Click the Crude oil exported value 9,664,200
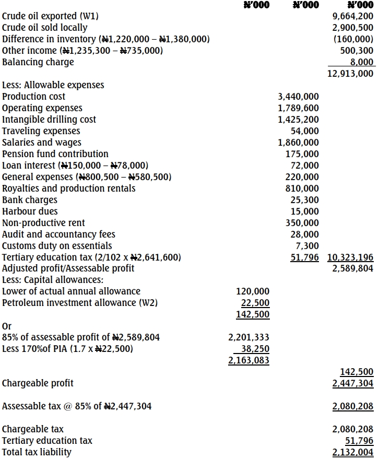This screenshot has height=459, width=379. point(352,16)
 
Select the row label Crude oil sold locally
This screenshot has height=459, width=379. point(45,28)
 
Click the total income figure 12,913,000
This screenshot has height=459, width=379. point(350,74)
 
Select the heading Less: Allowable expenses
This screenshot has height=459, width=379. point(53,85)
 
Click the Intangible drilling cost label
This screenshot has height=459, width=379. point(49,120)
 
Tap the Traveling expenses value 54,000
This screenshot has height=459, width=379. point(305,131)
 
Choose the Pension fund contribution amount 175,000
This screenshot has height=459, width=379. point(303,154)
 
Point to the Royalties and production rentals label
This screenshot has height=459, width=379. point(69,189)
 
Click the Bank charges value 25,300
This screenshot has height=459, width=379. point(305,200)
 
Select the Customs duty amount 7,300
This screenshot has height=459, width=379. point(307,246)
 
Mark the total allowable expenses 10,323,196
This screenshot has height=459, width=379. point(350,257)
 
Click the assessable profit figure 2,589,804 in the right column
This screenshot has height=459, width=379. point(352,269)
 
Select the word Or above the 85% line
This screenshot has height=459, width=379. point(7,326)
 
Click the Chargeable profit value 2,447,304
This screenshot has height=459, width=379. point(352,383)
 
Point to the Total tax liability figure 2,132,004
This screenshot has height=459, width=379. point(352,452)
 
